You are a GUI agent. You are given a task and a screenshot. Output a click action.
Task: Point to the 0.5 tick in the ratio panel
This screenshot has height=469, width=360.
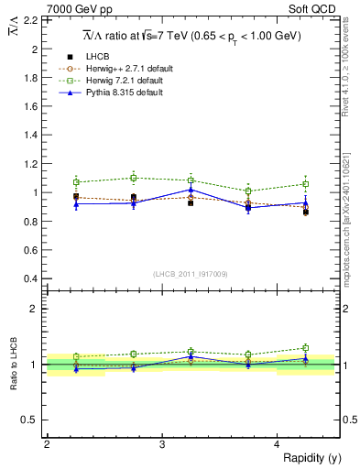[x=31, y=420]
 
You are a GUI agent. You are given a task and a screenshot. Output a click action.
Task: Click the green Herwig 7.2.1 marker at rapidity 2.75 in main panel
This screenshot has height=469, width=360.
[x=134, y=178]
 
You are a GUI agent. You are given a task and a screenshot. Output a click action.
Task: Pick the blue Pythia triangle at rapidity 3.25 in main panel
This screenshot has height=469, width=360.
[x=191, y=189]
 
